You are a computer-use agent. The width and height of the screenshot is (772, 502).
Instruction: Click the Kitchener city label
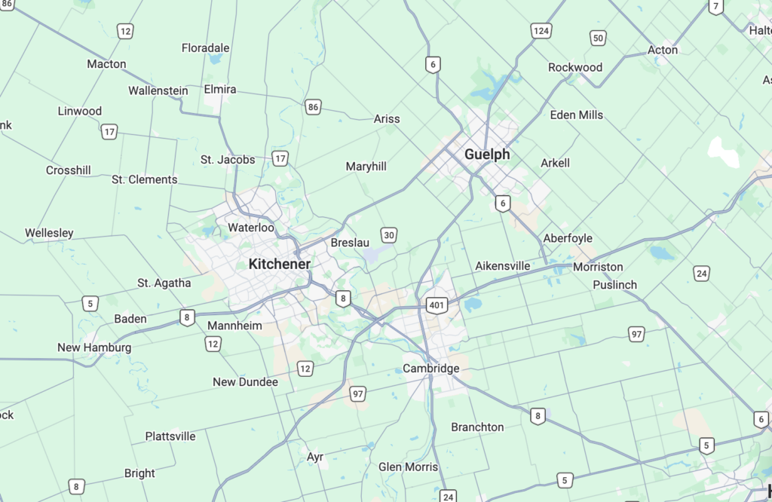[x=279, y=265]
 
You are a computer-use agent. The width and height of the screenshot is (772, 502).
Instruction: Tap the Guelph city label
[x=487, y=155]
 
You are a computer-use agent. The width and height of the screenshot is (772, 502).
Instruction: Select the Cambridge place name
[x=430, y=369]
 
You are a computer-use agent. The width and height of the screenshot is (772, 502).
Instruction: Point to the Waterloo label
[x=251, y=228]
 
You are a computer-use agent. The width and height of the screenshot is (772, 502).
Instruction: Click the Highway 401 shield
[x=437, y=305]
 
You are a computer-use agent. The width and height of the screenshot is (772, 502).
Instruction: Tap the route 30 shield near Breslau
[x=389, y=235]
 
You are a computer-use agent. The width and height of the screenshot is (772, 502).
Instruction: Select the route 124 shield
[x=540, y=31]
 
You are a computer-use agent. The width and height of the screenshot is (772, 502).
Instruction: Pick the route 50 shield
[x=598, y=38]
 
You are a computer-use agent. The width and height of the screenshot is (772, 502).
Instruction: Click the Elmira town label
[x=220, y=89]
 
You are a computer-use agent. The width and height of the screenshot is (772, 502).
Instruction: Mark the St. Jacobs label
[x=228, y=160]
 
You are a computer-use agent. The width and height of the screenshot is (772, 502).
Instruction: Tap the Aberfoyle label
[x=568, y=238]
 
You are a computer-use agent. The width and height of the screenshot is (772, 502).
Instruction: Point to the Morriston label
[x=598, y=267]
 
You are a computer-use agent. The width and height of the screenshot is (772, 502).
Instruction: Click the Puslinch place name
[x=614, y=285]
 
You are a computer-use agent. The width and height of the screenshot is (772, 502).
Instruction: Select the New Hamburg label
[x=94, y=347]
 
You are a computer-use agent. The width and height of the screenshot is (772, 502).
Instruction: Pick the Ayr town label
[x=315, y=457]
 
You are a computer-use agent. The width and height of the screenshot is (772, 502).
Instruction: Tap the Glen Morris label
[x=408, y=467]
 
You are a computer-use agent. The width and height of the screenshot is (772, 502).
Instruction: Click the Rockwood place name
[x=575, y=67]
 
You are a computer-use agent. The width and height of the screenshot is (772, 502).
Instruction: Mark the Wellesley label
[x=49, y=233]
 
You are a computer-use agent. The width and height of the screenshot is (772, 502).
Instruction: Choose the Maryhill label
[x=366, y=166]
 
